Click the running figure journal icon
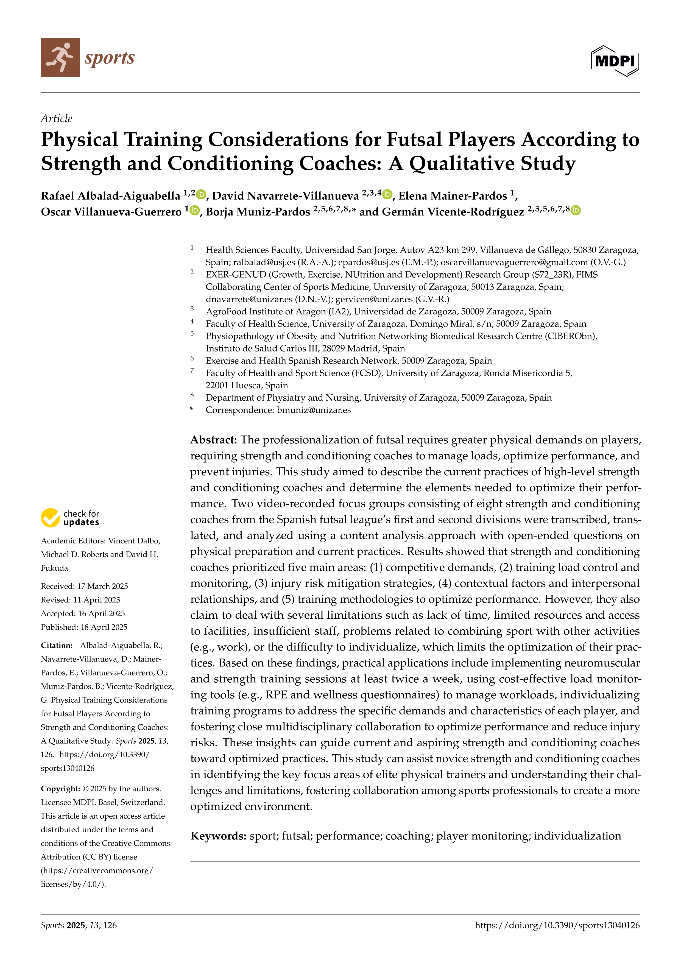point(60,57)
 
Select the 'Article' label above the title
point(56,119)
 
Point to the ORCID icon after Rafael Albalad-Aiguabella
point(201,195)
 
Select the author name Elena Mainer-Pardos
point(453,196)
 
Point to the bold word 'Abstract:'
point(214,440)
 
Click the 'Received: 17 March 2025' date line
point(84,586)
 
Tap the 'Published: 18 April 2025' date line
point(84,627)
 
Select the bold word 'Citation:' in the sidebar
point(57,646)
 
